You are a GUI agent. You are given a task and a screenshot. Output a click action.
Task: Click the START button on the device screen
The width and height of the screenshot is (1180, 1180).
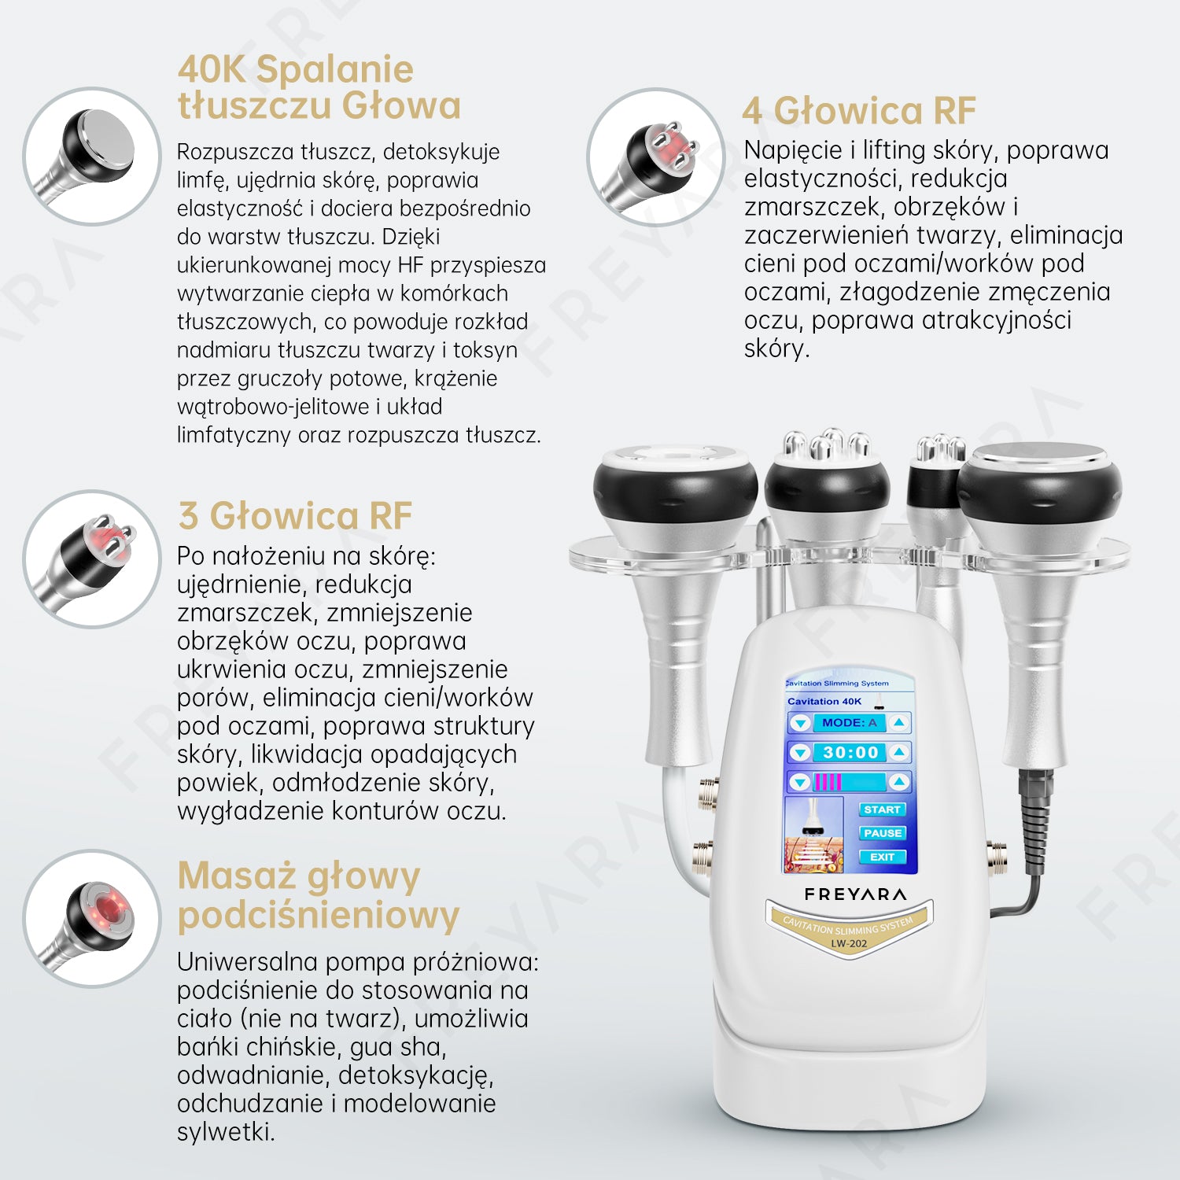click(882, 809)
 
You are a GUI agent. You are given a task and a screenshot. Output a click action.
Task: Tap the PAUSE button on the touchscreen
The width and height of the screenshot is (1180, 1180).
click(882, 833)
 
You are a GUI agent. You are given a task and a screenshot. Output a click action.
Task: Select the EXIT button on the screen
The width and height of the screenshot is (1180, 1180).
click(882, 857)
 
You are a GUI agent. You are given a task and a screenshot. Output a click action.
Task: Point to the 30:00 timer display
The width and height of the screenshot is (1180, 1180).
click(850, 753)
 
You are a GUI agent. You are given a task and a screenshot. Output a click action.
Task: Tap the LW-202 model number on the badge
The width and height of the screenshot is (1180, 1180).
click(849, 943)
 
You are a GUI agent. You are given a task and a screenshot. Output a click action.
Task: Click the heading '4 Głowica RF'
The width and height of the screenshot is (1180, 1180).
click(859, 110)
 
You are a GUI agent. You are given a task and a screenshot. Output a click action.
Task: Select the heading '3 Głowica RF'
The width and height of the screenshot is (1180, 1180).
click(295, 516)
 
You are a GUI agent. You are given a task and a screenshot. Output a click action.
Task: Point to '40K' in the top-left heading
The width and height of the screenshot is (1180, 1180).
click(212, 69)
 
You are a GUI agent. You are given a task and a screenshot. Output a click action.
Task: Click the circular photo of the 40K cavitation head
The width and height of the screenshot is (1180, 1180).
click(92, 156)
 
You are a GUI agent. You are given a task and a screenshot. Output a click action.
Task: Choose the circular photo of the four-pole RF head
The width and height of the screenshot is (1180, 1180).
click(655, 156)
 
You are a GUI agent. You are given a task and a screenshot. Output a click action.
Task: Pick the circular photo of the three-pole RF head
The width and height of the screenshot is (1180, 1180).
click(92, 559)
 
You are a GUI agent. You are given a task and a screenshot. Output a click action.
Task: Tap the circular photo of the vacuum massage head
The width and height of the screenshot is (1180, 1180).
click(92, 918)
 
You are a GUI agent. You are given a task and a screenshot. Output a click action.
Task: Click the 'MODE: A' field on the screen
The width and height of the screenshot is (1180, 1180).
click(850, 723)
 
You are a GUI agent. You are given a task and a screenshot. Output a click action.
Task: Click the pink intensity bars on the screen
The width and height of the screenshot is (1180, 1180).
click(828, 782)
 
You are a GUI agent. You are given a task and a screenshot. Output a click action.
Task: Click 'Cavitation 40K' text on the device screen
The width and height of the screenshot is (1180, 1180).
click(824, 701)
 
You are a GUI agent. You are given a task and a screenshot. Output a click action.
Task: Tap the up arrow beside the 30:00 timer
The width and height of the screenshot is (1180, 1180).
click(899, 753)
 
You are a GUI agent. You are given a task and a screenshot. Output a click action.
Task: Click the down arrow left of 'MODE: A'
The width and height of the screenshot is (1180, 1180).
click(800, 723)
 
